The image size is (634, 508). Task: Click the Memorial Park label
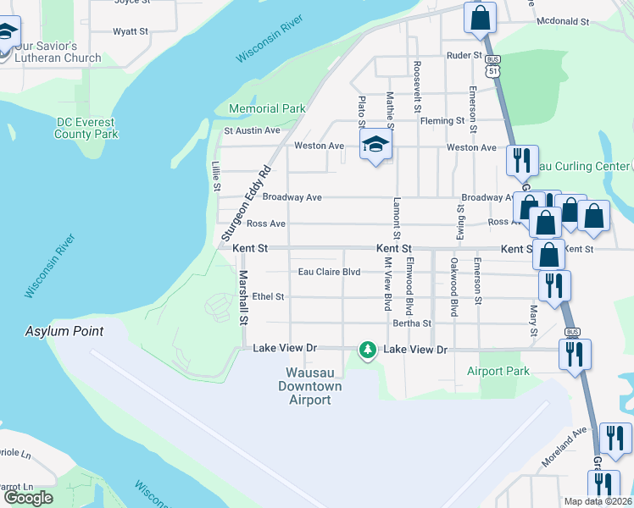(267, 109)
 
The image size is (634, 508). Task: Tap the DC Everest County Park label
(86, 128)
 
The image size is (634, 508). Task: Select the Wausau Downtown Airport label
(310, 386)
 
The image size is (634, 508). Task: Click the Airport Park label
(498, 371)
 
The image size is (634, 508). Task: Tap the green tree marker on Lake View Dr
(367, 349)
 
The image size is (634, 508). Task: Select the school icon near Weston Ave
(375, 144)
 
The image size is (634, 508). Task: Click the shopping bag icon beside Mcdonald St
(480, 18)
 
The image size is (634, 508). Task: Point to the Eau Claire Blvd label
(330, 272)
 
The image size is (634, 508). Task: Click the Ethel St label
(268, 297)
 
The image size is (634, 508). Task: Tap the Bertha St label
(412, 323)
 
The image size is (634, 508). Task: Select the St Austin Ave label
(252, 130)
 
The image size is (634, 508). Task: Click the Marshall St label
(242, 297)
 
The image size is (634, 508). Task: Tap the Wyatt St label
(131, 31)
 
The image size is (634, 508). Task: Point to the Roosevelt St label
(417, 86)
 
